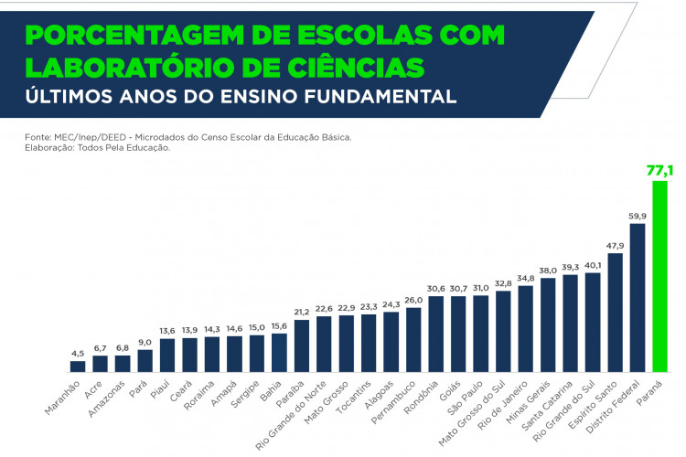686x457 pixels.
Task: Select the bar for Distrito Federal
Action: pyautogui.click(x=638, y=297)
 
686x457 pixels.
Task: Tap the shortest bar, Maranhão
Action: pyautogui.click(x=78, y=366)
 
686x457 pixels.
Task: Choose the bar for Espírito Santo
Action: pyautogui.click(x=615, y=312)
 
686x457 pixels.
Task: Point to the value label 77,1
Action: pyautogui.click(x=660, y=170)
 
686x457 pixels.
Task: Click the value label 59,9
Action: pyautogui.click(x=638, y=215)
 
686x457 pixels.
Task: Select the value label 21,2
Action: pyautogui.click(x=302, y=312)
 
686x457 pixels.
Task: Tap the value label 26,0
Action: pyautogui.click(x=413, y=299)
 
